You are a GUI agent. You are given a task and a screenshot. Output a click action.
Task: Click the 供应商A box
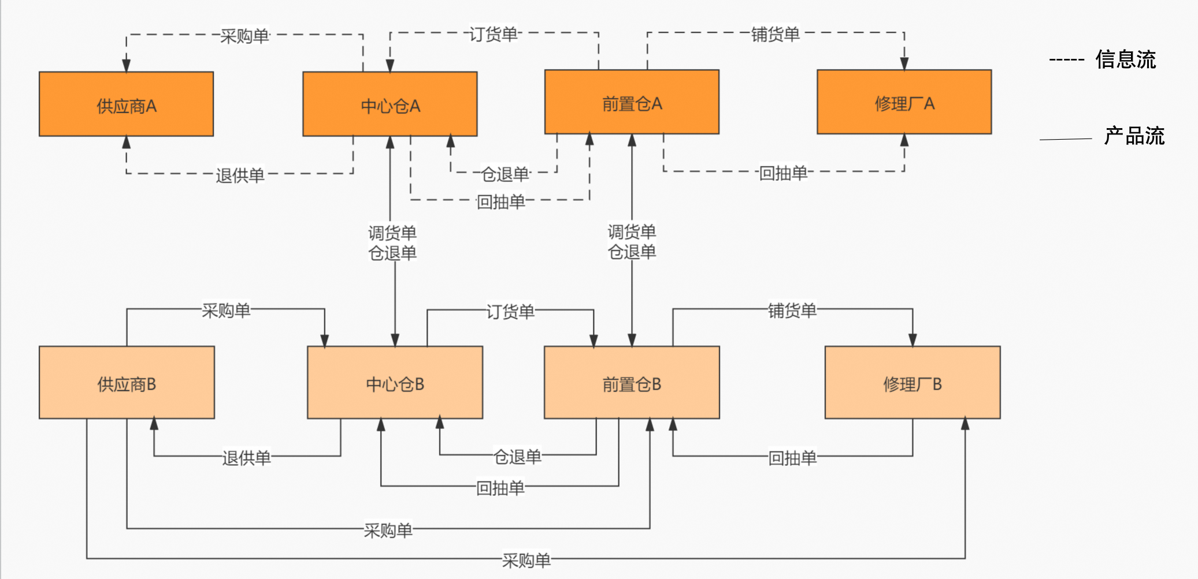click(x=126, y=104)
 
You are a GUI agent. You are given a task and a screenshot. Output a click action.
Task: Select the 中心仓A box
click(x=390, y=104)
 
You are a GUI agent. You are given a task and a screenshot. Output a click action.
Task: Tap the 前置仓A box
click(x=632, y=103)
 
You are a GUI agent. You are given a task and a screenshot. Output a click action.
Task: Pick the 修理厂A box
click(x=904, y=103)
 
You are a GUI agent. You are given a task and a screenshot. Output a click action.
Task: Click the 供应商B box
click(x=127, y=383)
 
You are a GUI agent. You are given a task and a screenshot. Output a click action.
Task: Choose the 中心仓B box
click(x=395, y=383)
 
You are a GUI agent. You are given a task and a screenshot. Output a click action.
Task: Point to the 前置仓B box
click(x=632, y=383)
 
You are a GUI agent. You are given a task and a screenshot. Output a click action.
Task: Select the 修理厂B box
click(x=912, y=383)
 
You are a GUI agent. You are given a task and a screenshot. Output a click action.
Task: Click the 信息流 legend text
click(x=1125, y=59)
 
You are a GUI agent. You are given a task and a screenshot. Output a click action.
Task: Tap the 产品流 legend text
click(x=1134, y=136)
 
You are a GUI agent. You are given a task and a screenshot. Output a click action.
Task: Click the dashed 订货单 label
click(x=493, y=34)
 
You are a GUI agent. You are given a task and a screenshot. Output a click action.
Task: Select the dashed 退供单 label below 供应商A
click(x=240, y=175)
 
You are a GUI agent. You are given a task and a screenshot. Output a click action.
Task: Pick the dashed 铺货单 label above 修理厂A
click(x=775, y=34)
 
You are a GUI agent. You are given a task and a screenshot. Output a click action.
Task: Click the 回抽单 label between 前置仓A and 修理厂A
click(x=782, y=173)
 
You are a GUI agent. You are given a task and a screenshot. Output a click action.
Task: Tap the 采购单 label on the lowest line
click(x=526, y=560)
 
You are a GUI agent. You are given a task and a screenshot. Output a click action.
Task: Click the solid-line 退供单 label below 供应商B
click(x=246, y=458)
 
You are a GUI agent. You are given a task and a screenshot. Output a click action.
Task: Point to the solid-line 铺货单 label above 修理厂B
click(x=792, y=311)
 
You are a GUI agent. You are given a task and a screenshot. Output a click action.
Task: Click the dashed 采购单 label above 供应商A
click(x=244, y=36)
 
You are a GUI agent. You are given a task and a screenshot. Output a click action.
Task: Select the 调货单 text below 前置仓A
click(x=632, y=232)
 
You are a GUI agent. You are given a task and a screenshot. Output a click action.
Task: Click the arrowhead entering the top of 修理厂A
click(x=904, y=63)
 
